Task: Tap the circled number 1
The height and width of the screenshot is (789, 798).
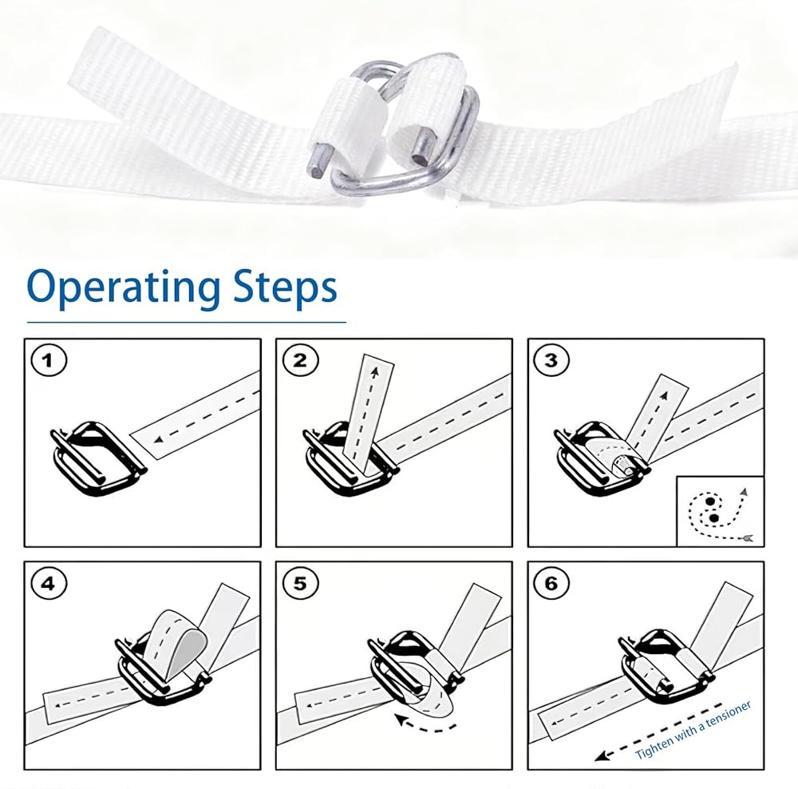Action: tap(49, 361)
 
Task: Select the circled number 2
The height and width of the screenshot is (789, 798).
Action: tap(300, 361)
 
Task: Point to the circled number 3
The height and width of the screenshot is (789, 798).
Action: tap(551, 361)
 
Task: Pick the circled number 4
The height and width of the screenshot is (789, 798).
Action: tap(49, 584)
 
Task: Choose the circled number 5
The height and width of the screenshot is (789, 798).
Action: tap(300, 584)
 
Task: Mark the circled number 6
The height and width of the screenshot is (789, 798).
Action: tap(551, 584)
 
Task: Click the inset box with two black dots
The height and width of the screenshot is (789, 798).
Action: tap(720, 511)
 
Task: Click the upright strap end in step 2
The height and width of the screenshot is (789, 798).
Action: tap(372, 407)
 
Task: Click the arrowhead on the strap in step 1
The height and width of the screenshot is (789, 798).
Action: tap(159, 438)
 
